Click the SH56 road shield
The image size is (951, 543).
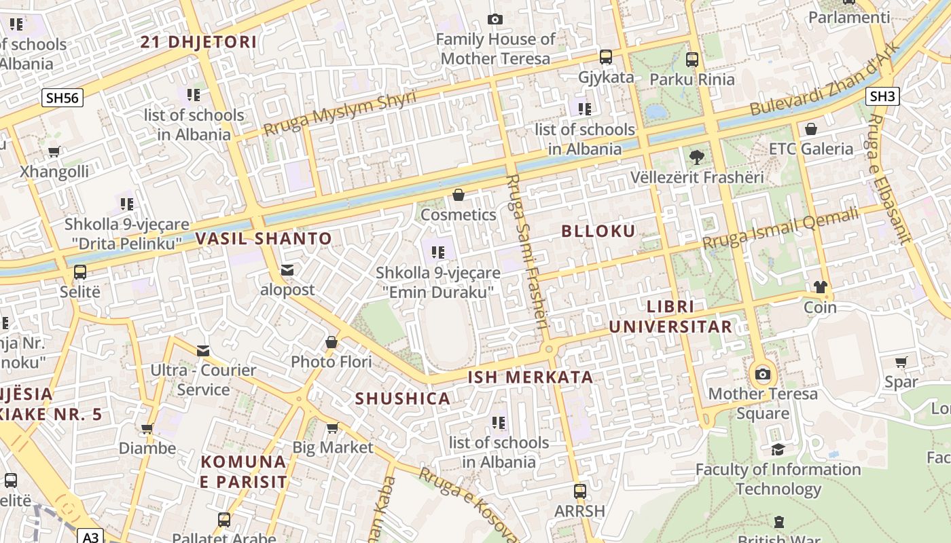point(62,98)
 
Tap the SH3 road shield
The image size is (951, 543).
point(882,96)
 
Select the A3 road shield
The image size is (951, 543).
point(90,537)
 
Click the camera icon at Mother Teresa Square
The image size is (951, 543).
point(763,374)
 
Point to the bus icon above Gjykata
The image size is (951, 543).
point(605,57)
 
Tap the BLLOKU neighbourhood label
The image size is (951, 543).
point(598,231)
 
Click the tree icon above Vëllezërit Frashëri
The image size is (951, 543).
point(696,157)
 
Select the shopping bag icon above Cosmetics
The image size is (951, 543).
point(459,195)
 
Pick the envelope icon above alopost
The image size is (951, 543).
point(287,270)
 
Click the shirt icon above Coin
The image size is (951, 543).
point(820,287)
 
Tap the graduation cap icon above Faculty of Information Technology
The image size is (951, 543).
point(778,449)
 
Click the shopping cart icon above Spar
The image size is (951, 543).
point(901,362)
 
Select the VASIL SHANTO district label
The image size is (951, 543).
point(264,239)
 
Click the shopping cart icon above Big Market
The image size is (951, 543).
point(332,428)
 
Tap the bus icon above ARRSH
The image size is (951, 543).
point(579,491)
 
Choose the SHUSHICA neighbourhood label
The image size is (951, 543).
point(403,399)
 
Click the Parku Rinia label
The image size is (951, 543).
point(692,79)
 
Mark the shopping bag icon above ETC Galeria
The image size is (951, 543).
point(810,129)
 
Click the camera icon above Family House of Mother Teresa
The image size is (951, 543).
point(495,19)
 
